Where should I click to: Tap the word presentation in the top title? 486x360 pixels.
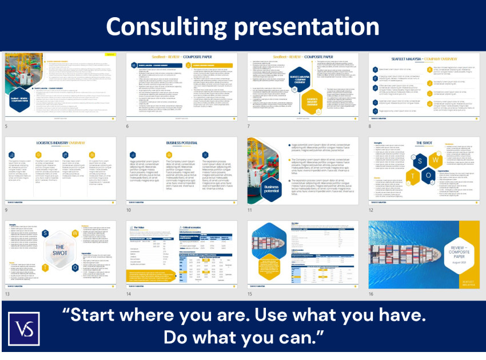(x=306, y=26)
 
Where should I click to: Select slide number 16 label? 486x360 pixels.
(x=371, y=294)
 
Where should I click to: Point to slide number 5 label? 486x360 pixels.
(x=6, y=125)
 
